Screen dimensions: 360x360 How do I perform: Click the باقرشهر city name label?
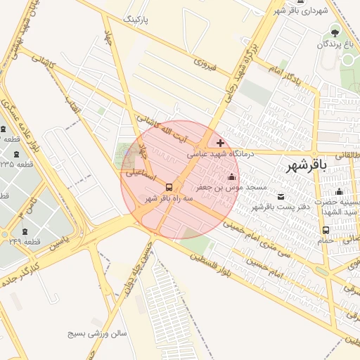click(307, 166)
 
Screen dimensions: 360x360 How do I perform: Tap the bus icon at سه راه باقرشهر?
click(169, 187)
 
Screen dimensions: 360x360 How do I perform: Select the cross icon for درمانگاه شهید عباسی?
click(221, 143)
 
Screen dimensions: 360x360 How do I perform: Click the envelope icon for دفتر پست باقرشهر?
click(282, 195)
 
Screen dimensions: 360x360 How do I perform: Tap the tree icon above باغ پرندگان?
click(335, 32)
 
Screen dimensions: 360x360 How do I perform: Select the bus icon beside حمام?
click(326, 230)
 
